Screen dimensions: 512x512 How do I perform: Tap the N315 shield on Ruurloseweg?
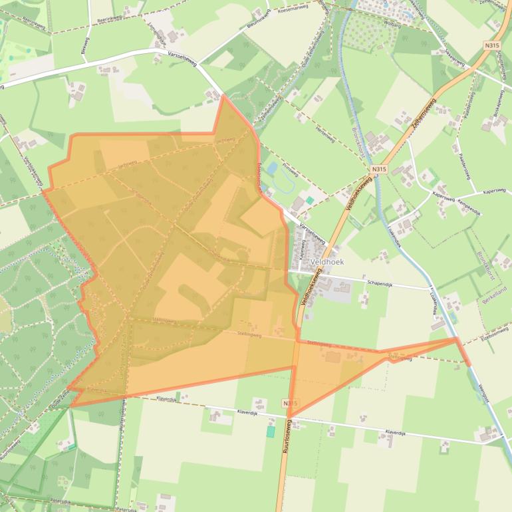point(289,404)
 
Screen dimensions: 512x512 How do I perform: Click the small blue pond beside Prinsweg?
point(273,168)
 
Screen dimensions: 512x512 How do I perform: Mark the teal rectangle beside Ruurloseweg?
point(271,432)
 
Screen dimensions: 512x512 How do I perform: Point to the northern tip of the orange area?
point(223,96)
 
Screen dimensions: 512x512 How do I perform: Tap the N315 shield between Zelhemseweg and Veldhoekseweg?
point(378,169)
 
